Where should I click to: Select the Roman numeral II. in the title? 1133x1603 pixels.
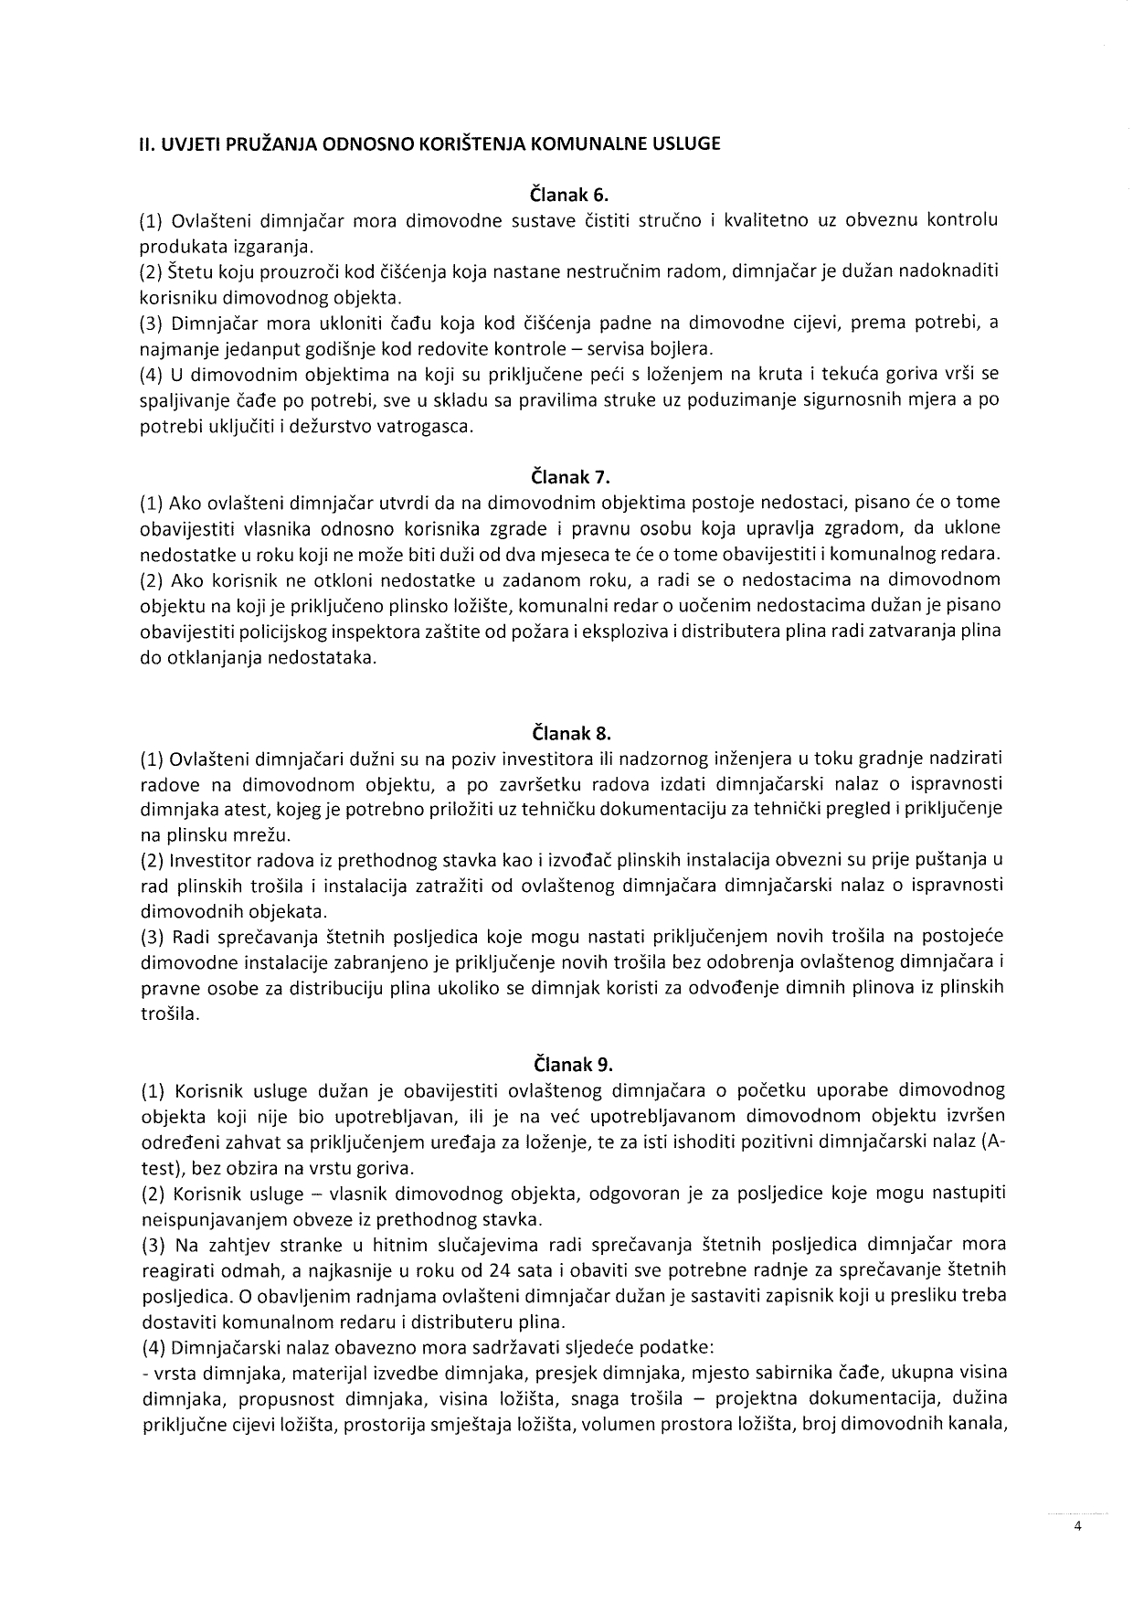pyautogui.click(x=146, y=143)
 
